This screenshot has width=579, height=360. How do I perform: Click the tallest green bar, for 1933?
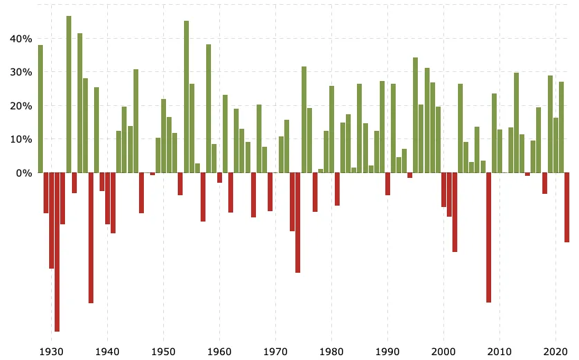(x=68, y=94)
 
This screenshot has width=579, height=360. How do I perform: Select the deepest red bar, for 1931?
(x=57, y=252)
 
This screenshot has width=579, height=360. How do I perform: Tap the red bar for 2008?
(x=488, y=237)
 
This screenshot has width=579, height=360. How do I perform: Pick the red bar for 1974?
(x=297, y=222)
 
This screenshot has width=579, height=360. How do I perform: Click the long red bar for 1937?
(x=91, y=237)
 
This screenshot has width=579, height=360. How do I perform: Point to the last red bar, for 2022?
(x=567, y=208)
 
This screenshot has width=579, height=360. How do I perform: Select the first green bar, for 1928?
(x=40, y=109)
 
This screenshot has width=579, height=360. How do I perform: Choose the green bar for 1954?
(x=186, y=97)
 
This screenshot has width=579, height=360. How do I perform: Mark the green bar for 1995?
(x=416, y=115)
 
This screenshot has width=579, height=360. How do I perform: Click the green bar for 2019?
(x=550, y=124)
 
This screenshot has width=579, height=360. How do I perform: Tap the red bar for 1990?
(x=387, y=183)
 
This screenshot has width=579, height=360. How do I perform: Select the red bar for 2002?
(x=455, y=212)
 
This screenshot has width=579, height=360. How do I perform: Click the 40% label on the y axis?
(x=21, y=39)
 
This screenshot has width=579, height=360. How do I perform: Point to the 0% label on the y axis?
(x=24, y=173)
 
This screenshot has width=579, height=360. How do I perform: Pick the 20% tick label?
(x=21, y=106)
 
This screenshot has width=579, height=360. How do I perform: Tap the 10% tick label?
(x=21, y=139)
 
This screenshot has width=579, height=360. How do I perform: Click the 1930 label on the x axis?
(x=51, y=352)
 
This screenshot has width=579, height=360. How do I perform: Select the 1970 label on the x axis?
(x=275, y=352)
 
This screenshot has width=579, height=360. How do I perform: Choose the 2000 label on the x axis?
(x=443, y=352)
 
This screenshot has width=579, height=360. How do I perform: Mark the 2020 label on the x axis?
(x=555, y=352)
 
